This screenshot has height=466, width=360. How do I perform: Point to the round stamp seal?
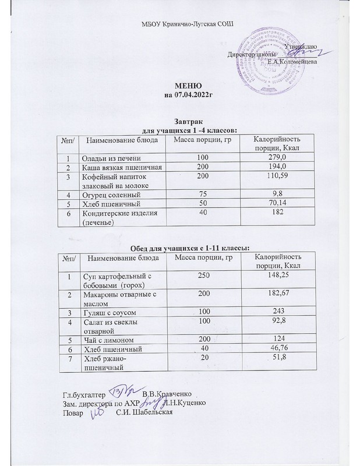[x=272, y=67]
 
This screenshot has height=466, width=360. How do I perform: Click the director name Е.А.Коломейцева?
[x=292, y=62]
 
